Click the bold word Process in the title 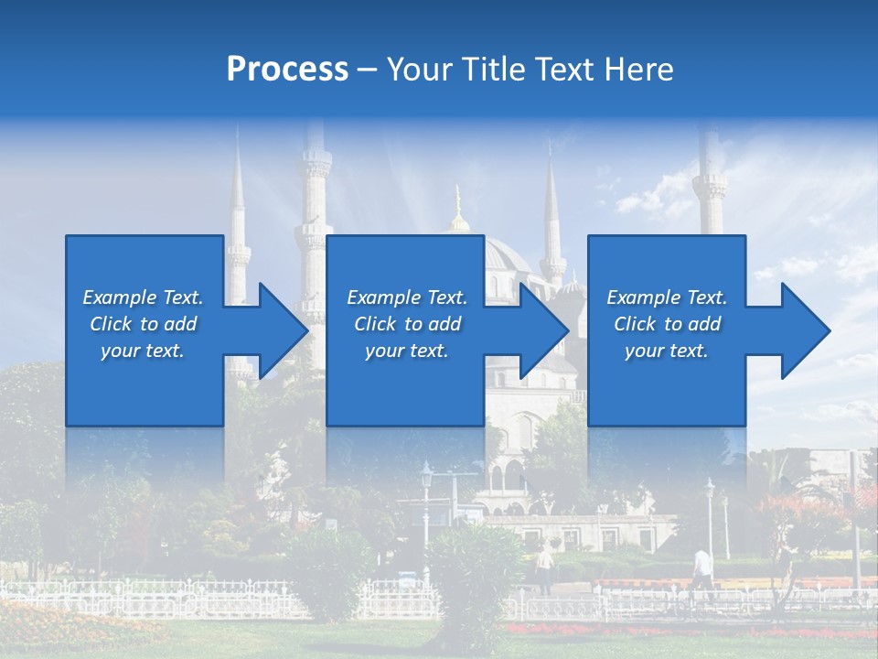(287, 69)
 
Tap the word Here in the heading (638, 69)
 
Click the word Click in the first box (112, 324)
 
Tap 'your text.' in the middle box (406, 351)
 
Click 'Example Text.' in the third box (667, 297)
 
